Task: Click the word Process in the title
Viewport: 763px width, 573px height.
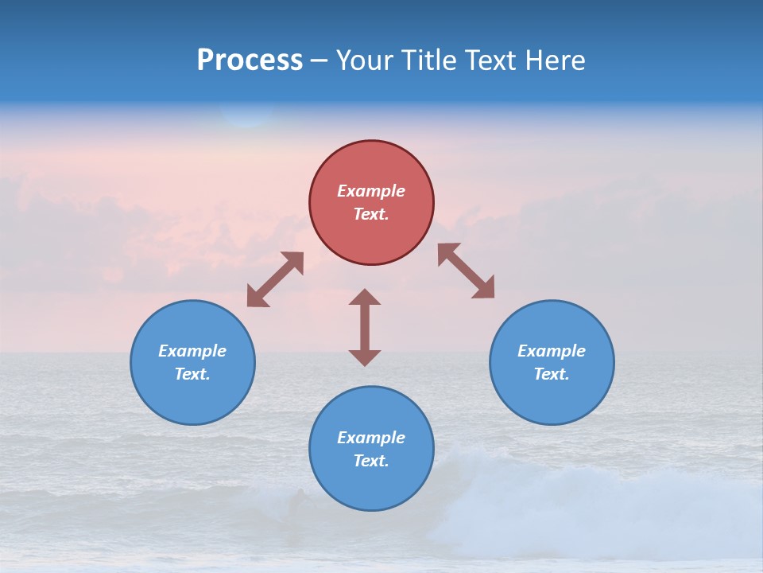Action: [250, 60]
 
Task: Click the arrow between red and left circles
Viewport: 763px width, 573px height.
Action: [275, 279]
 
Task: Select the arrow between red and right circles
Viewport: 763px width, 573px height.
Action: [467, 271]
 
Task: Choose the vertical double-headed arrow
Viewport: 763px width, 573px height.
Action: [365, 327]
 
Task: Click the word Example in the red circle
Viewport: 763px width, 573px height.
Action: [371, 191]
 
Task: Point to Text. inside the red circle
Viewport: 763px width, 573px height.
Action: [371, 214]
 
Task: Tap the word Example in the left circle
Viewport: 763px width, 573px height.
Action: [192, 351]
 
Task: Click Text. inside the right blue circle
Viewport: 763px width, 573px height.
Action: [552, 374]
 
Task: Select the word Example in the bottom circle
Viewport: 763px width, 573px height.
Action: [371, 438]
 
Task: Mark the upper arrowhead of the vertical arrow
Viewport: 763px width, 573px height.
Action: [365, 298]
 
